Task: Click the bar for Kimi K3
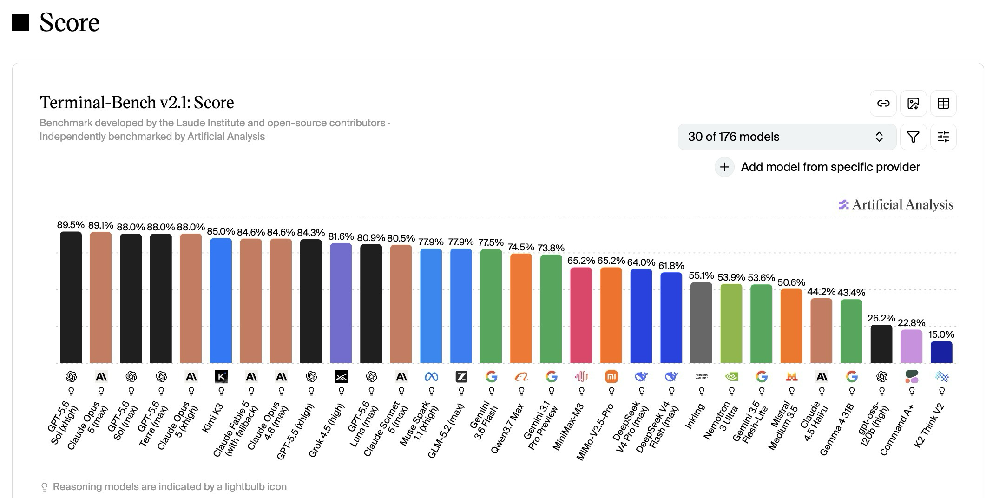tap(221, 301)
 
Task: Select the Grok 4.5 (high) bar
tap(341, 303)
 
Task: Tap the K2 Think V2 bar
tap(941, 352)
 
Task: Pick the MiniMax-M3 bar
tap(581, 315)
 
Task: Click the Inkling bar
tap(701, 322)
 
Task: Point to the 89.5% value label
tap(71, 225)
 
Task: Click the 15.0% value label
tap(941, 334)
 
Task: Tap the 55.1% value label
tap(701, 275)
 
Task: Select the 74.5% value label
tap(521, 247)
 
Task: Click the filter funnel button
tap(913, 137)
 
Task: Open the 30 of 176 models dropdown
tap(787, 137)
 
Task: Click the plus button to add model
tap(724, 167)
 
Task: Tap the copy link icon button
tap(883, 103)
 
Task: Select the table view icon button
tap(943, 103)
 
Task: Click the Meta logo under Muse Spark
tap(431, 377)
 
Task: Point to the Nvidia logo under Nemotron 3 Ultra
tap(731, 377)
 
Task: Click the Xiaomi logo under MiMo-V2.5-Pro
tap(611, 377)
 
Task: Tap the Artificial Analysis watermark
tap(896, 204)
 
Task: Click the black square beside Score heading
tap(20, 23)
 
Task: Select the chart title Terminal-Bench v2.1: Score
tap(137, 102)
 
